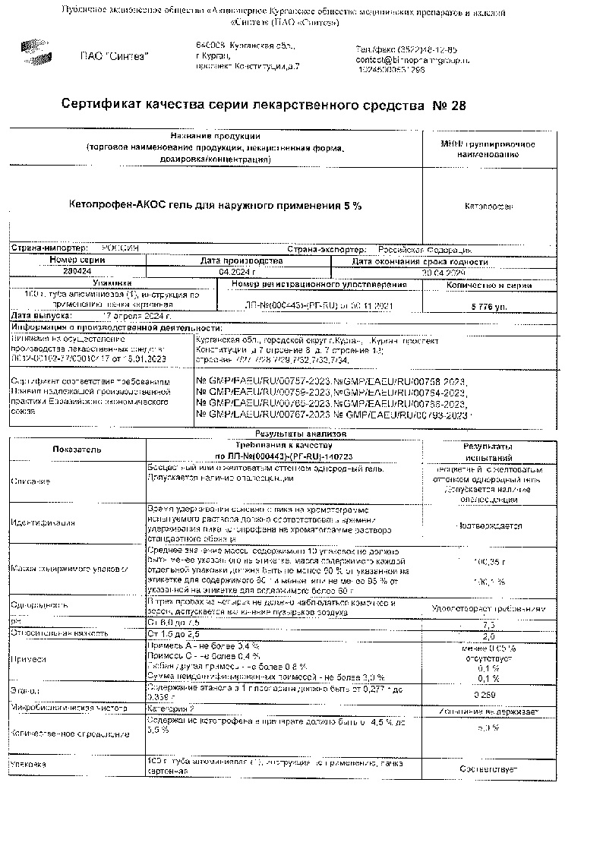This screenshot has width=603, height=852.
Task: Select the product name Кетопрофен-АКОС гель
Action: [x=215, y=206]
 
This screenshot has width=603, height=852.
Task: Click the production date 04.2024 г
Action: [x=238, y=271]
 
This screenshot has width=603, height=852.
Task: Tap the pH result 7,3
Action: [x=489, y=623]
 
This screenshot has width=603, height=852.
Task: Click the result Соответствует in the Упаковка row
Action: [x=489, y=769]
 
